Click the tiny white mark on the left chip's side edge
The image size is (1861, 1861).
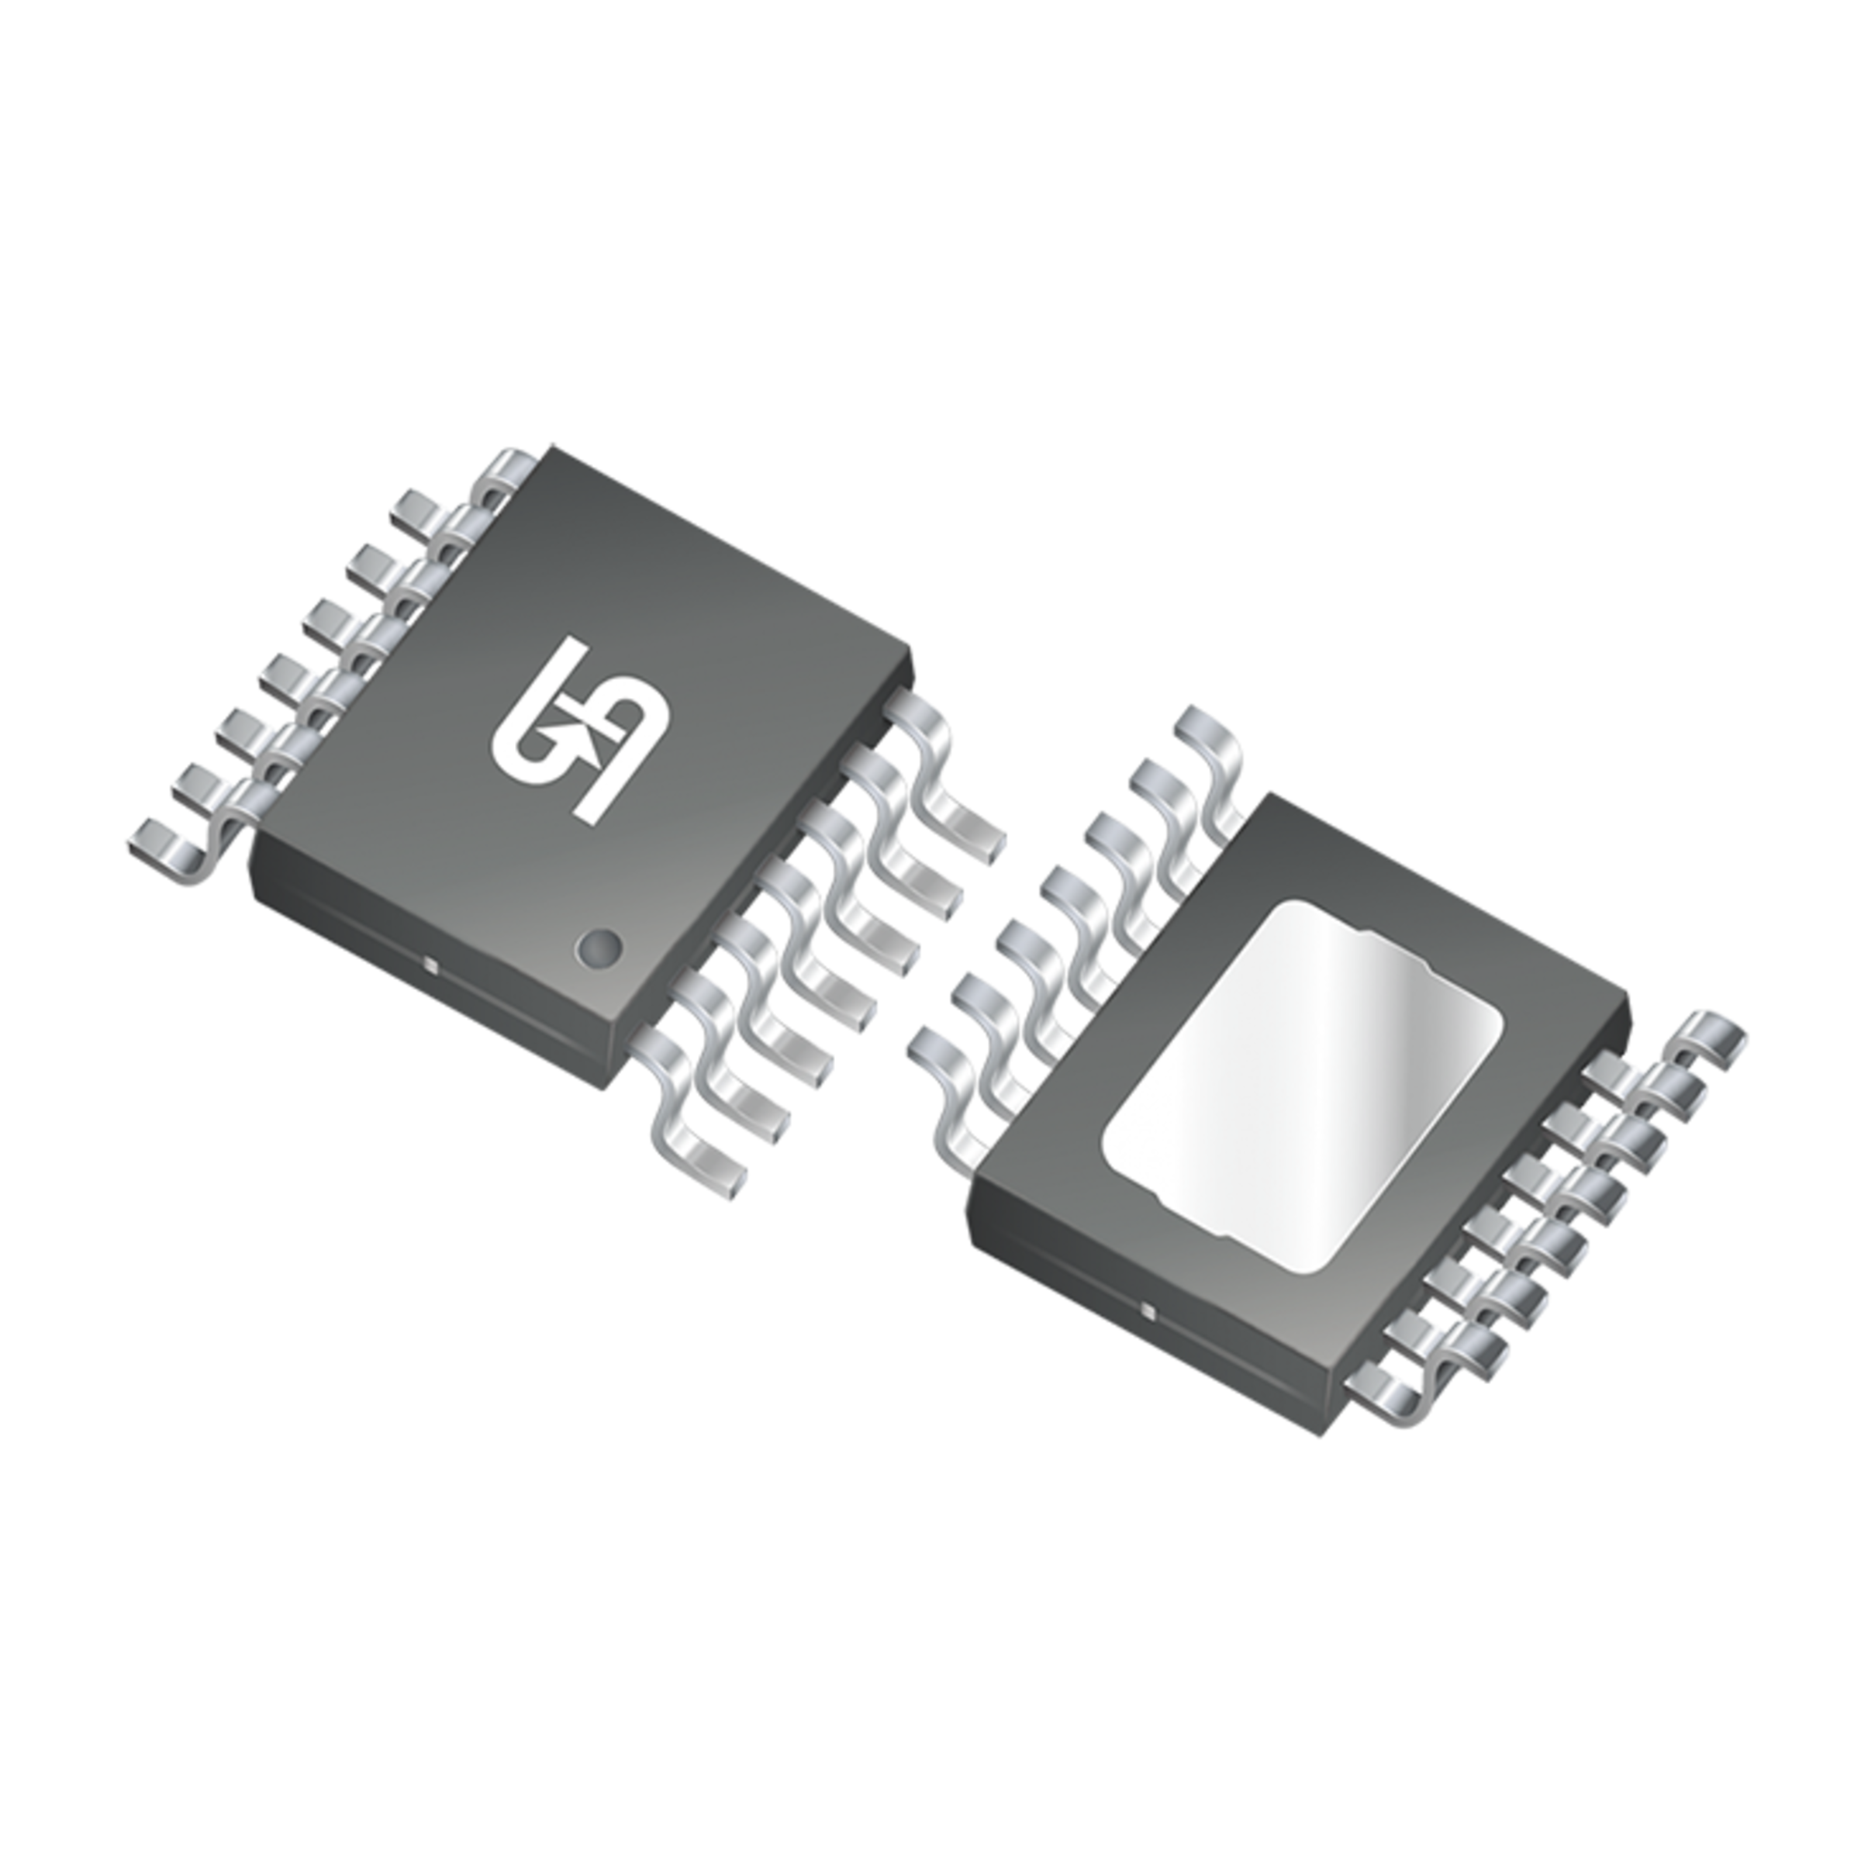pos(430,962)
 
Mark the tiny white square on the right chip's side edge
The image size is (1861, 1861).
pos(1146,1310)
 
